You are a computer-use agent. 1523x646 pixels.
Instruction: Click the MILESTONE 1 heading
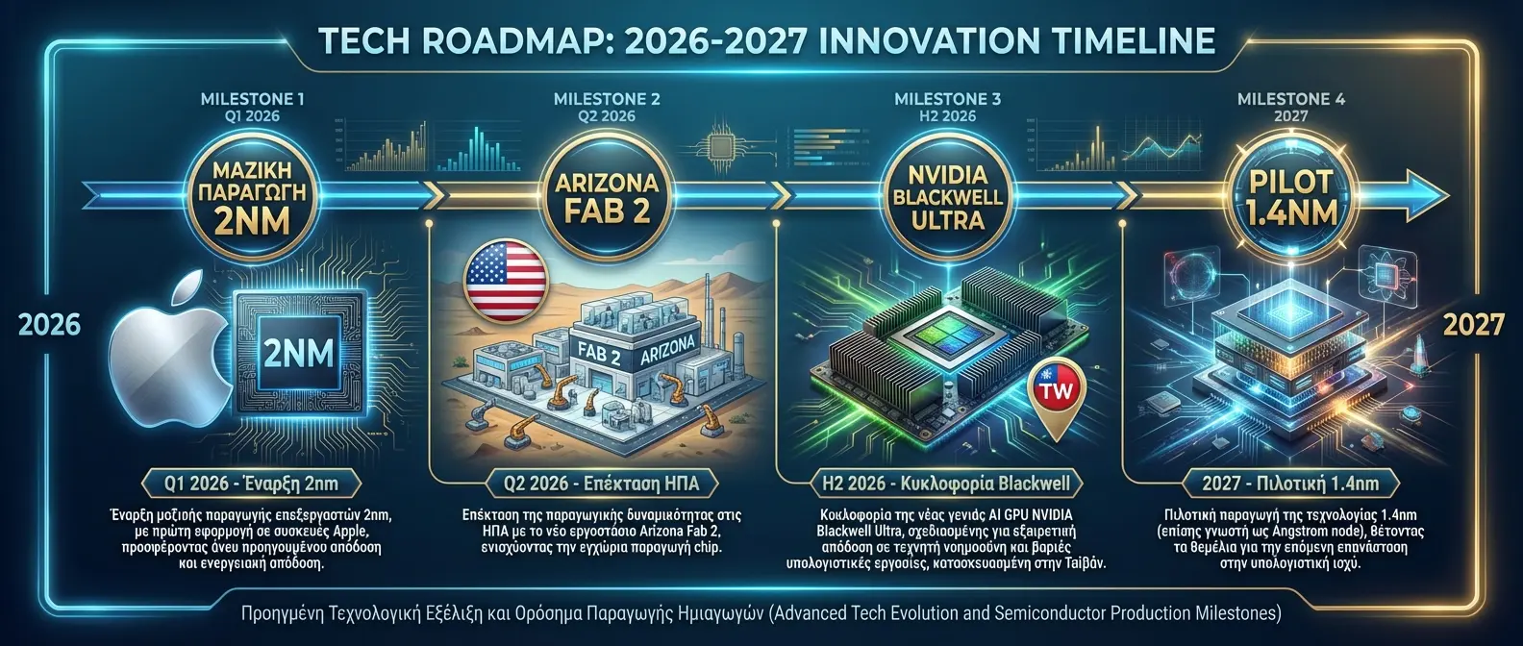tap(252, 98)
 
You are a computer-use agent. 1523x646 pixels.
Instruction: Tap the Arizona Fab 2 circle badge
tap(606, 197)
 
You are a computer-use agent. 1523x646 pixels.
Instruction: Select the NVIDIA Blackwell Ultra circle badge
tap(947, 197)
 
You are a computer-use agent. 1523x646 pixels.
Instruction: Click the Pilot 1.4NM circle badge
tap(1289, 197)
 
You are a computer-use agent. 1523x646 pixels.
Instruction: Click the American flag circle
tap(505, 281)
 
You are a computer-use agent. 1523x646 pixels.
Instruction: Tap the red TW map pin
tap(1056, 393)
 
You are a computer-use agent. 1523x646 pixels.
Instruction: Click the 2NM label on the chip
tap(298, 354)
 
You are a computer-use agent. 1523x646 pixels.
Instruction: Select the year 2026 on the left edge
tap(50, 324)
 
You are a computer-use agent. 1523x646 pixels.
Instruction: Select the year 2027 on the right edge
tap(1472, 324)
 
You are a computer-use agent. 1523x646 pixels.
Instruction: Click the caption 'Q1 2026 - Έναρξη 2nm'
tap(251, 483)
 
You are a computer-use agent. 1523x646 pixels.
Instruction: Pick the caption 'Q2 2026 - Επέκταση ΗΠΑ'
tap(602, 483)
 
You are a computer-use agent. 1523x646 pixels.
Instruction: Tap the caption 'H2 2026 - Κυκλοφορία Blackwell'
tap(946, 483)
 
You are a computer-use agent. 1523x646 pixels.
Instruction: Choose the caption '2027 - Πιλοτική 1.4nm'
tap(1289, 483)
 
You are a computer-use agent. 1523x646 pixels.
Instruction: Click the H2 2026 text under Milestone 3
tap(947, 116)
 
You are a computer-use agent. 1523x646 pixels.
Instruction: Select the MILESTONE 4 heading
tap(1290, 98)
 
